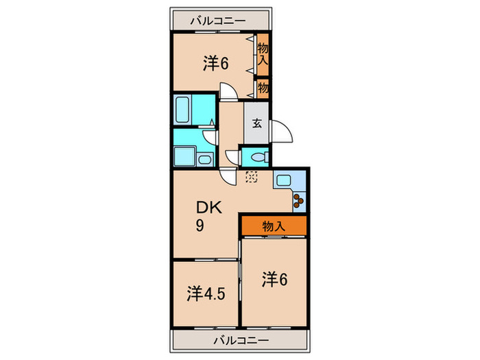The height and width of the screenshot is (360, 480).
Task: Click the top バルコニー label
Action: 220,21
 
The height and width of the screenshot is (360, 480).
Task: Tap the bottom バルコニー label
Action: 238,339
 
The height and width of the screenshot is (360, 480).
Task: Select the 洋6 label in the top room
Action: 215,64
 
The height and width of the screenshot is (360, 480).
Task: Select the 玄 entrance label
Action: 256,124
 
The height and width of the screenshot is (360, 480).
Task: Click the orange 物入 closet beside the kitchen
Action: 273,225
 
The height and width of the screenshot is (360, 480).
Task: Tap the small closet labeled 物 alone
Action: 263,88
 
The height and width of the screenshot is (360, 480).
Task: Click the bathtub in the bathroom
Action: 183,109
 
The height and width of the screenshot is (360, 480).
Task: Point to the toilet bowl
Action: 254,156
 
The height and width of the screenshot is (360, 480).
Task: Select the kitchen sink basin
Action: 284,180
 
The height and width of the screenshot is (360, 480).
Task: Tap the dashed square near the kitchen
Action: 251,176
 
